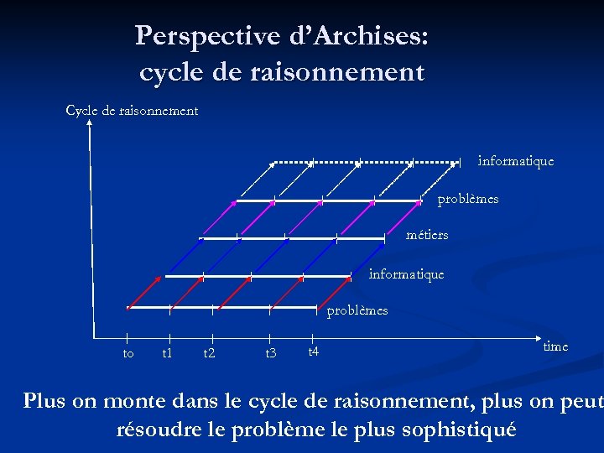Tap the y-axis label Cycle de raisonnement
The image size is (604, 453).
[x=132, y=111]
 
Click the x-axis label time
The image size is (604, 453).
[x=555, y=346]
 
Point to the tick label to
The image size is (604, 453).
[x=128, y=353]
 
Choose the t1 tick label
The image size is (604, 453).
[x=167, y=353]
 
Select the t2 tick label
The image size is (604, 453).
[x=209, y=353]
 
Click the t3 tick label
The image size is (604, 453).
[x=270, y=353]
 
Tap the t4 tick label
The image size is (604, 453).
[x=313, y=351]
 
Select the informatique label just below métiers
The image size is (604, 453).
[x=406, y=273]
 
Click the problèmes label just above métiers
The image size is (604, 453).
[x=467, y=200]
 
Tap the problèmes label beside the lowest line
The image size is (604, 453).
[x=357, y=310]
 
